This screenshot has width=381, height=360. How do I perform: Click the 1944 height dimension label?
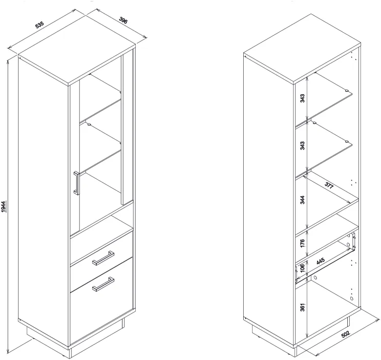click(3, 207)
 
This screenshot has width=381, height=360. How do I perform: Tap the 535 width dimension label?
click(40, 25)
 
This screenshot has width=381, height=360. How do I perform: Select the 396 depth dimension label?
click(123, 21)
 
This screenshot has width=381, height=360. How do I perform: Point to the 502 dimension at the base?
click(345, 334)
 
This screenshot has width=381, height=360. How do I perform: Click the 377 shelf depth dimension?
click(329, 185)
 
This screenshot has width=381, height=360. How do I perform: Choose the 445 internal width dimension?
click(320, 262)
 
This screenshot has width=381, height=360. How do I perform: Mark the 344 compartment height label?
click(302, 200)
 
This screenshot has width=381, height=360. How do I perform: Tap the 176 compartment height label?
click(302, 243)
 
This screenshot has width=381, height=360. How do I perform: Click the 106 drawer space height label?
click(302, 268)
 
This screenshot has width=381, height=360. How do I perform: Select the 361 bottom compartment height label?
click(302, 307)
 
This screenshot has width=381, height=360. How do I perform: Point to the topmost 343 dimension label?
click(302, 98)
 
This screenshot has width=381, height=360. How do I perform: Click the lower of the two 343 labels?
click(302, 146)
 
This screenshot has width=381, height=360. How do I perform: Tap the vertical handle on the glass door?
click(76, 183)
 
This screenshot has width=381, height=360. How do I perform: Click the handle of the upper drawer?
click(103, 258)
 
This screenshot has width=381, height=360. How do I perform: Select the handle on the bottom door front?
click(103, 284)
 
